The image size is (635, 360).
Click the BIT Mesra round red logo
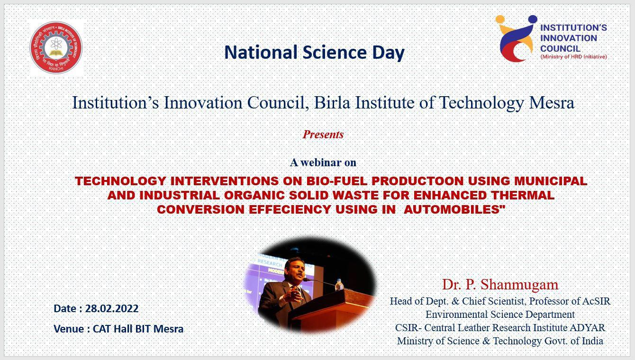[56, 47]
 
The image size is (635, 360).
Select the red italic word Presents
[323, 135]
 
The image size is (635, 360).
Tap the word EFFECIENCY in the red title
[290, 209]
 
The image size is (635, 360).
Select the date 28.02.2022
[112, 308]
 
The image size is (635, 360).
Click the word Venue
[69, 329]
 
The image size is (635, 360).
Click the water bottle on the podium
[339, 285]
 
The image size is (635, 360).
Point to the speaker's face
[295, 270]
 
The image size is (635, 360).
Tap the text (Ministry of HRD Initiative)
[573, 57]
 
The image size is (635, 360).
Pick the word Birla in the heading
[332, 103]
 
